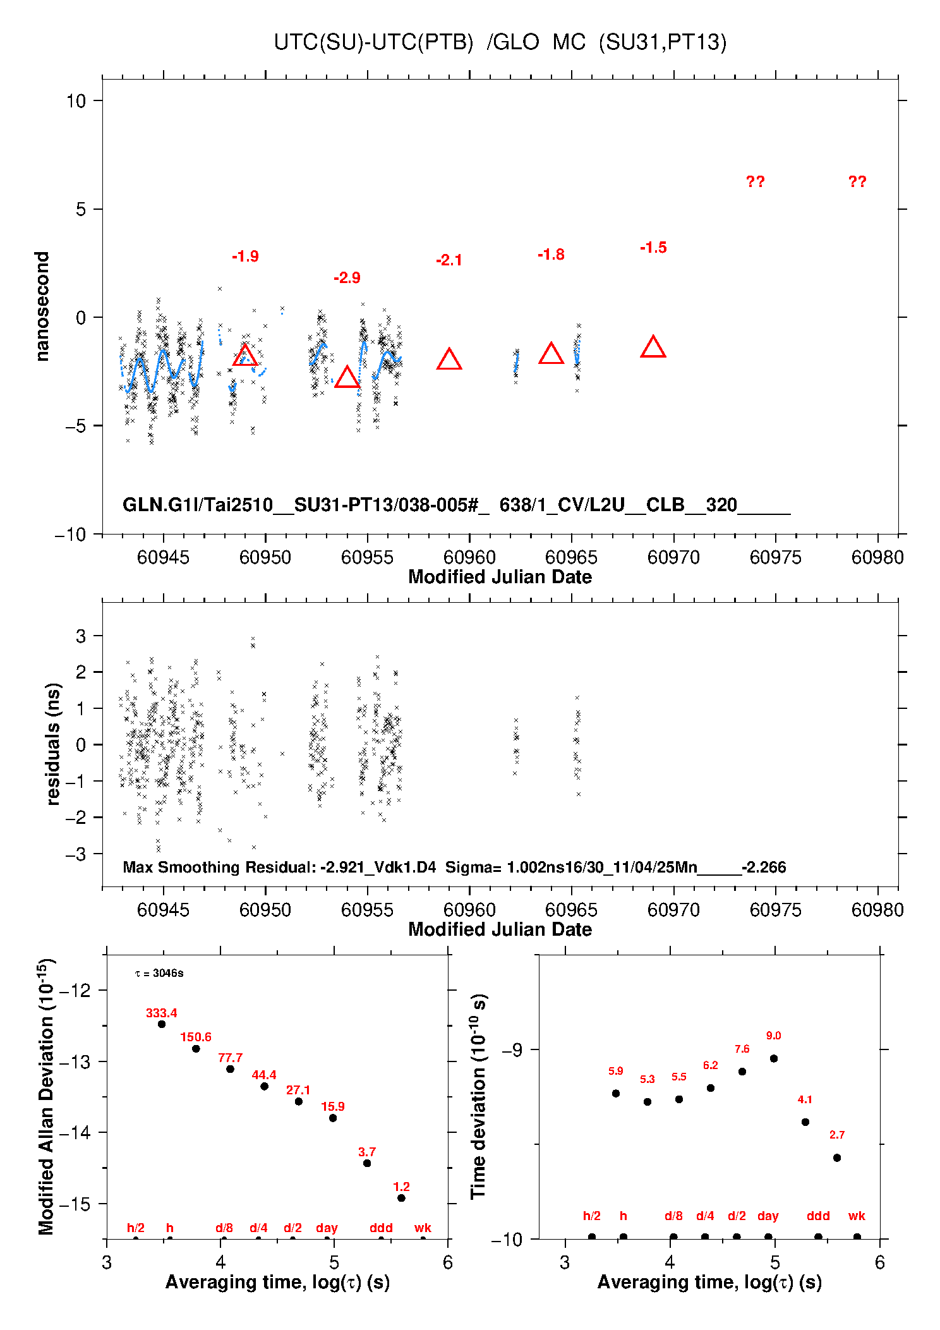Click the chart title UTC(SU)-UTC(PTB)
click(373, 42)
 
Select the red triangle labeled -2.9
click(347, 377)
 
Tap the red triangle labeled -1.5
click(653, 348)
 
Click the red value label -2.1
click(449, 260)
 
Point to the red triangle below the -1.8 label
click(551, 354)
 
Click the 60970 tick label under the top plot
click(673, 557)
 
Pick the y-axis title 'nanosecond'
click(42, 306)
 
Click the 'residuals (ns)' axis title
click(53, 744)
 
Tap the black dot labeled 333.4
click(162, 1024)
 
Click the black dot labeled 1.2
click(401, 1198)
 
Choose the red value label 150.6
click(196, 1037)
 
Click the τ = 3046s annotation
click(159, 973)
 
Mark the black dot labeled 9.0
click(774, 1058)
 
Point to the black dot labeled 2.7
click(837, 1158)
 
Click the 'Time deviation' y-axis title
click(478, 1097)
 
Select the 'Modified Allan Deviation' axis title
click(45, 1096)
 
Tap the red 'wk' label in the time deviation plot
click(857, 1216)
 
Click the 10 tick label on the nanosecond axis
click(76, 100)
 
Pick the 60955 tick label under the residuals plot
click(367, 910)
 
